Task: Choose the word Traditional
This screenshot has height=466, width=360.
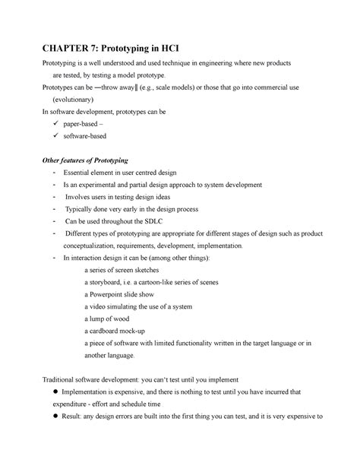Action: (x=45, y=379)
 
